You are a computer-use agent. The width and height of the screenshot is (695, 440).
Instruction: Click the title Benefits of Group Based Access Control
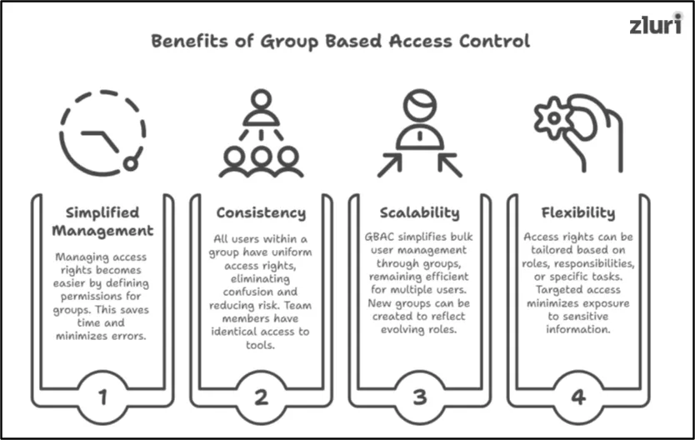(340, 41)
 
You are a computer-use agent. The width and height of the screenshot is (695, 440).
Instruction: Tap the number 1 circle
(102, 397)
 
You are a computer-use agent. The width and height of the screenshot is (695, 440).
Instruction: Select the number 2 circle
(261, 397)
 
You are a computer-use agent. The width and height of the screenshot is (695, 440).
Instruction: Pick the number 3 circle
(420, 397)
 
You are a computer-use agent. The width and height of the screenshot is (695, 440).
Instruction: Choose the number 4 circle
(578, 397)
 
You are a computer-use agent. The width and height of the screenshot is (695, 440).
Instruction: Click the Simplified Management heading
(102, 221)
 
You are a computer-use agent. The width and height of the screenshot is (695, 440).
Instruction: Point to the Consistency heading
(261, 212)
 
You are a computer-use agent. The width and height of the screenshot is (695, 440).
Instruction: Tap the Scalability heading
(420, 212)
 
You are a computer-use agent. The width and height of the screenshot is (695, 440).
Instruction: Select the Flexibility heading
(578, 212)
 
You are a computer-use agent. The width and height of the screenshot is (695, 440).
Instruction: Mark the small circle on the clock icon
(130, 163)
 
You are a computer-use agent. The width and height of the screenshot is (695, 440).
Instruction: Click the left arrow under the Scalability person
(389, 165)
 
